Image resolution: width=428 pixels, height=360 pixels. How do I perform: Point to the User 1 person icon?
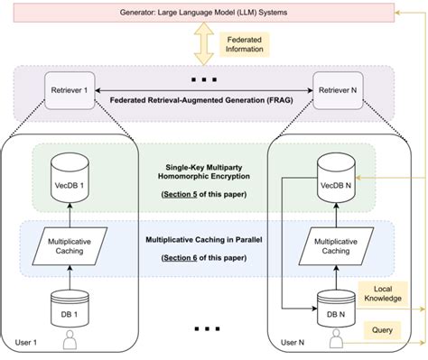[70, 342]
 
